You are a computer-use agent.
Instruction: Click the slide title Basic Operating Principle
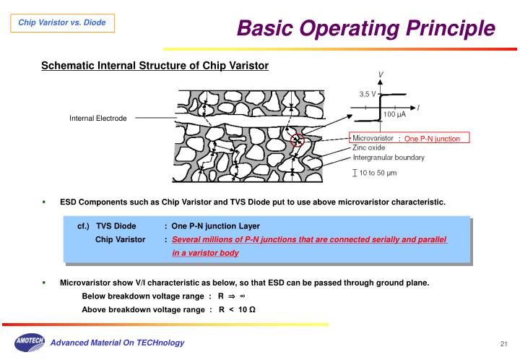pyautogui.click(x=366, y=28)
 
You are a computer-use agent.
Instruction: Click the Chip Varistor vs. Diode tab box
pyautogui.click(x=61, y=23)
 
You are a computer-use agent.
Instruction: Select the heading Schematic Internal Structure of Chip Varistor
pyautogui.click(x=155, y=66)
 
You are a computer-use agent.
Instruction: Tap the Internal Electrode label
pyautogui.click(x=97, y=118)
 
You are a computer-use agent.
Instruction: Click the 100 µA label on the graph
pyautogui.click(x=394, y=114)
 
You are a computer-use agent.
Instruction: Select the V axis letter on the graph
pyautogui.click(x=381, y=74)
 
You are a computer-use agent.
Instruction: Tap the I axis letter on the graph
pyautogui.click(x=419, y=107)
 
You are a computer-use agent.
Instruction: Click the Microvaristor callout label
pyautogui.click(x=373, y=137)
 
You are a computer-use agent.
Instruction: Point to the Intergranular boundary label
pyautogui.click(x=389, y=157)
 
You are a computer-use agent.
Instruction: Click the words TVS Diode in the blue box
pyautogui.click(x=116, y=226)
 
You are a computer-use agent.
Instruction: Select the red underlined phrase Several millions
pyautogui.click(x=199, y=239)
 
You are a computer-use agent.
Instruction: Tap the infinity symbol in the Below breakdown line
pyautogui.click(x=243, y=296)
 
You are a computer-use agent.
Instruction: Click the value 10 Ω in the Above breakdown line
pyautogui.click(x=246, y=309)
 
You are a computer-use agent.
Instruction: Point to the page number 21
pyautogui.click(x=503, y=343)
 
